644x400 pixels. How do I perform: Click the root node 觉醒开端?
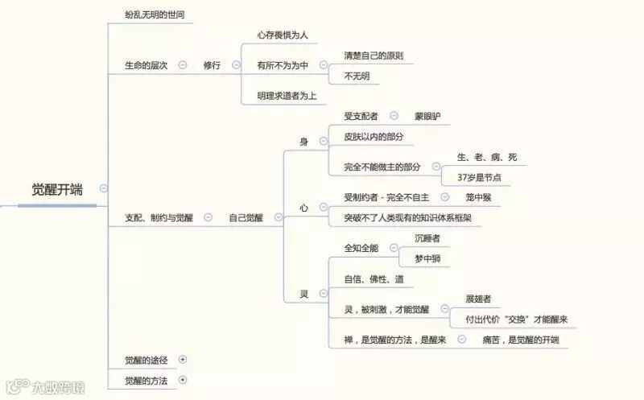pos(56,190)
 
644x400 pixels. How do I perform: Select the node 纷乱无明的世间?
pos(159,15)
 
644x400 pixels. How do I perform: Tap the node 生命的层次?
pos(146,65)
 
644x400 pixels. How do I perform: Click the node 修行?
pos(212,65)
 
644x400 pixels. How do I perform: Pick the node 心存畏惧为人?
pos(283,35)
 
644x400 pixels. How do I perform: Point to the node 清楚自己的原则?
pos(373,56)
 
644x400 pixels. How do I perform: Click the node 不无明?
pos(357,76)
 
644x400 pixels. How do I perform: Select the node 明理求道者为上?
pos(287,96)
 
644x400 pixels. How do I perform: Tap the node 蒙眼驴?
pos(427,117)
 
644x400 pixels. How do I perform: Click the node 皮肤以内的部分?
pos(374,137)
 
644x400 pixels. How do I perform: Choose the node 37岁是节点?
pos(479,177)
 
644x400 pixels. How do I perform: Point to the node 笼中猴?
pos(479,197)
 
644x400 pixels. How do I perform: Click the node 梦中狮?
pos(427,258)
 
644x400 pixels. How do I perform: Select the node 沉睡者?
pos(427,238)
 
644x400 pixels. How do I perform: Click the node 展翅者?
pos(479,299)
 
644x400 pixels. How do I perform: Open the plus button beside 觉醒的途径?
pos(183,359)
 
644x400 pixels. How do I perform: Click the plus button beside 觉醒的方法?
pos(183,379)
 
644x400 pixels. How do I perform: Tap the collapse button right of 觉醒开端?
pos(104,188)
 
